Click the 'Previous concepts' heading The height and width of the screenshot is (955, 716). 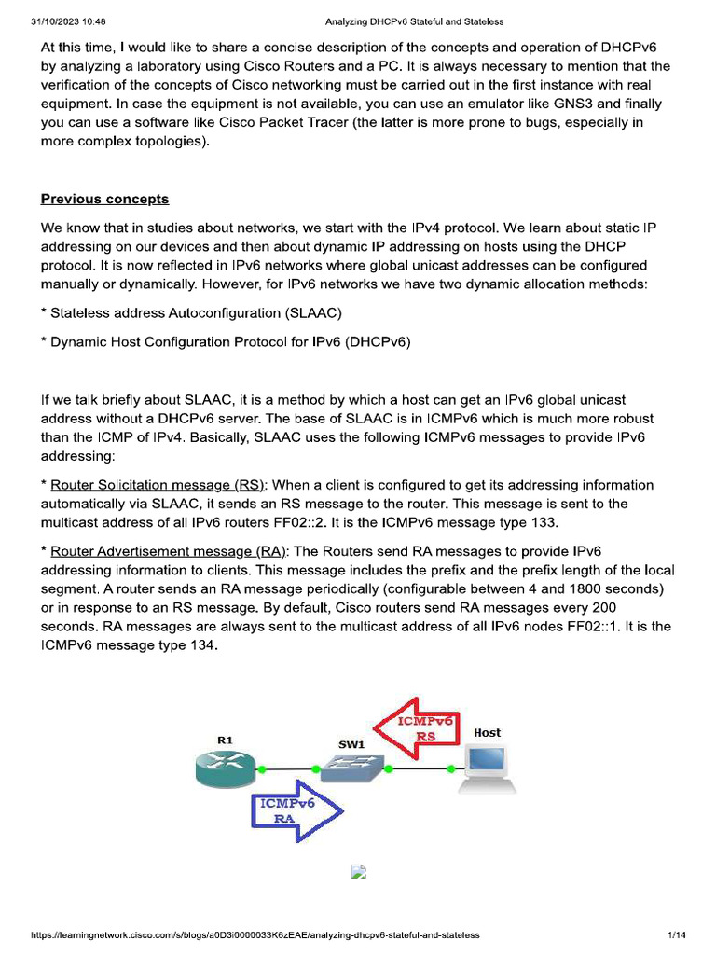click(x=104, y=199)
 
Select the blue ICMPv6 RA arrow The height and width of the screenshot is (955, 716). click(x=295, y=809)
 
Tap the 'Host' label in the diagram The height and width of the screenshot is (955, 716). click(x=487, y=733)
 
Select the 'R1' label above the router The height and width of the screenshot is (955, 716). click(x=225, y=740)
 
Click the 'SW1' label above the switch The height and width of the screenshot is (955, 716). click(x=351, y=745)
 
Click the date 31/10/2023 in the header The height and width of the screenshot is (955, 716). click(x=55, y=21)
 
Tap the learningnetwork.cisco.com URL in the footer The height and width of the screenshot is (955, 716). click(x=255, y=934)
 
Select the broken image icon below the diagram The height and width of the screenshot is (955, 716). click(x=358, y=873)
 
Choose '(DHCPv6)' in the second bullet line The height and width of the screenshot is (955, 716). click(x=379, y=341)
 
